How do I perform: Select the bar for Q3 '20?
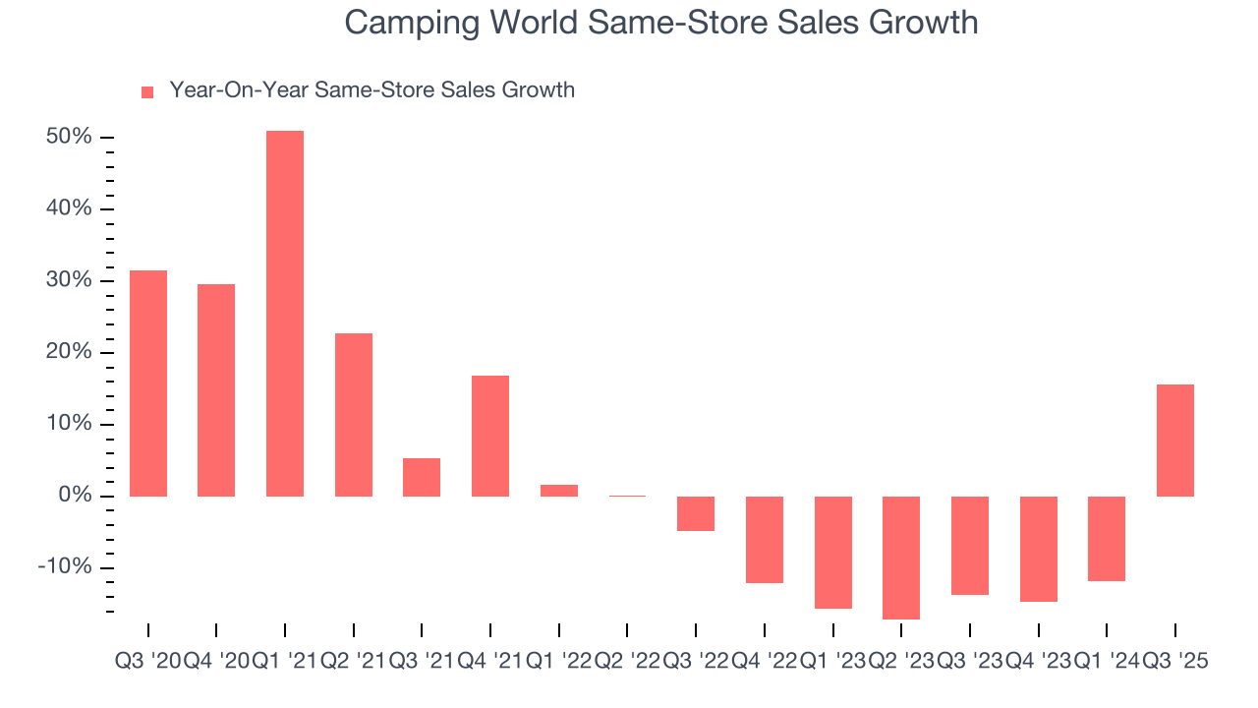[148, 383]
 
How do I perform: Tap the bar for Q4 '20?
[216, 389]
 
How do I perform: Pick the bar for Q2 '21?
[354, 414]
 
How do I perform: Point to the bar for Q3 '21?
[422, 477]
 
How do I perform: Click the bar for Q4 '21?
[490, 436]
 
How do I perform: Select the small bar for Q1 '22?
[559, 490]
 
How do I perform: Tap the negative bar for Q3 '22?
[696, 513]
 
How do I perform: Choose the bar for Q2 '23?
[901, 558]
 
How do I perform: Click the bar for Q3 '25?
[1175, 440]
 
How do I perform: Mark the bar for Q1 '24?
[1107, 538]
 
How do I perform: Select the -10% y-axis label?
[65, 567]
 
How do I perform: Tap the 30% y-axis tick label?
[69, 280]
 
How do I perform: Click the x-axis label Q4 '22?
[765, 662]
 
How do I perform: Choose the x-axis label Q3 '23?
[970, 662]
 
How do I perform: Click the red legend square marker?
[147, 91]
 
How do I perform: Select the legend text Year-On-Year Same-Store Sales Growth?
[372, 90]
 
